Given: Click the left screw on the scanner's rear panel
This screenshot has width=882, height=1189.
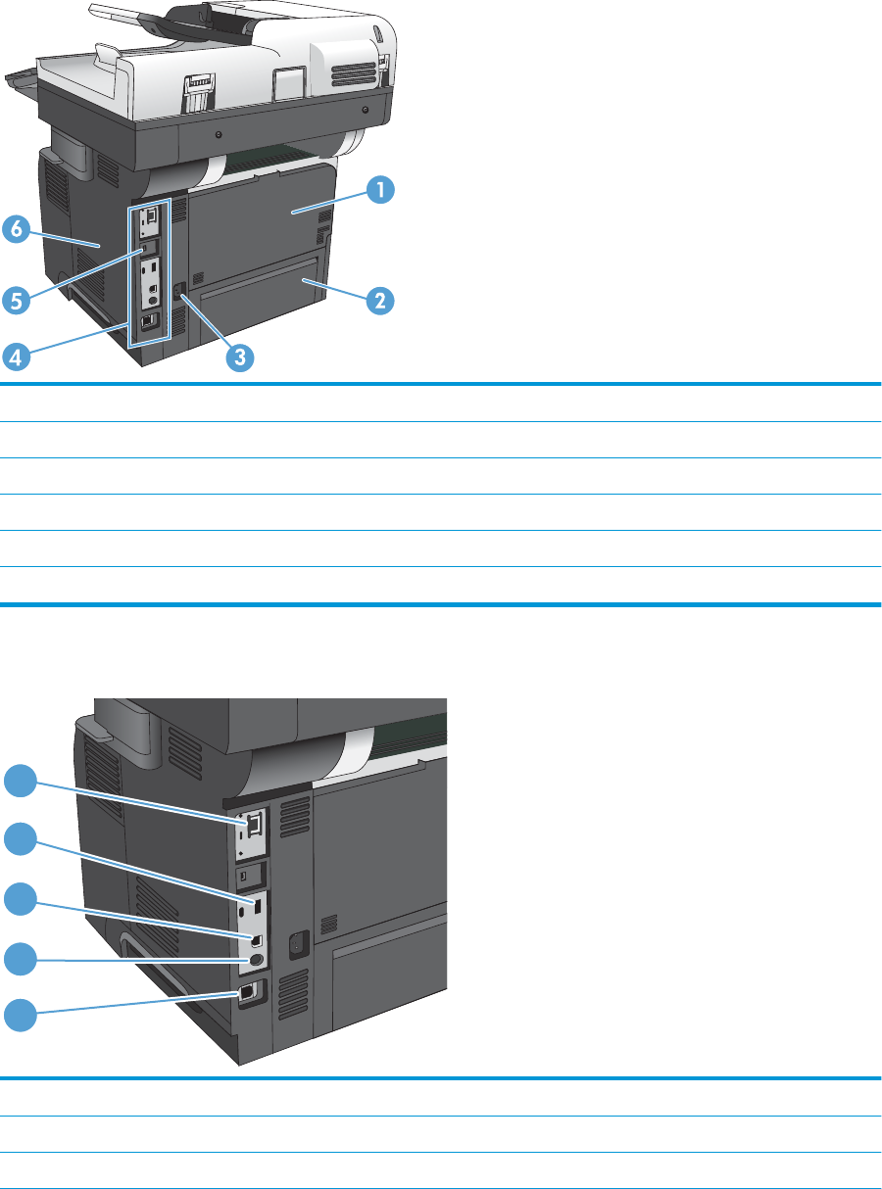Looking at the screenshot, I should pos(218,133).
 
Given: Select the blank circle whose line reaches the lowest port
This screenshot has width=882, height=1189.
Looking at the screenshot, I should pos(21,1013).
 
